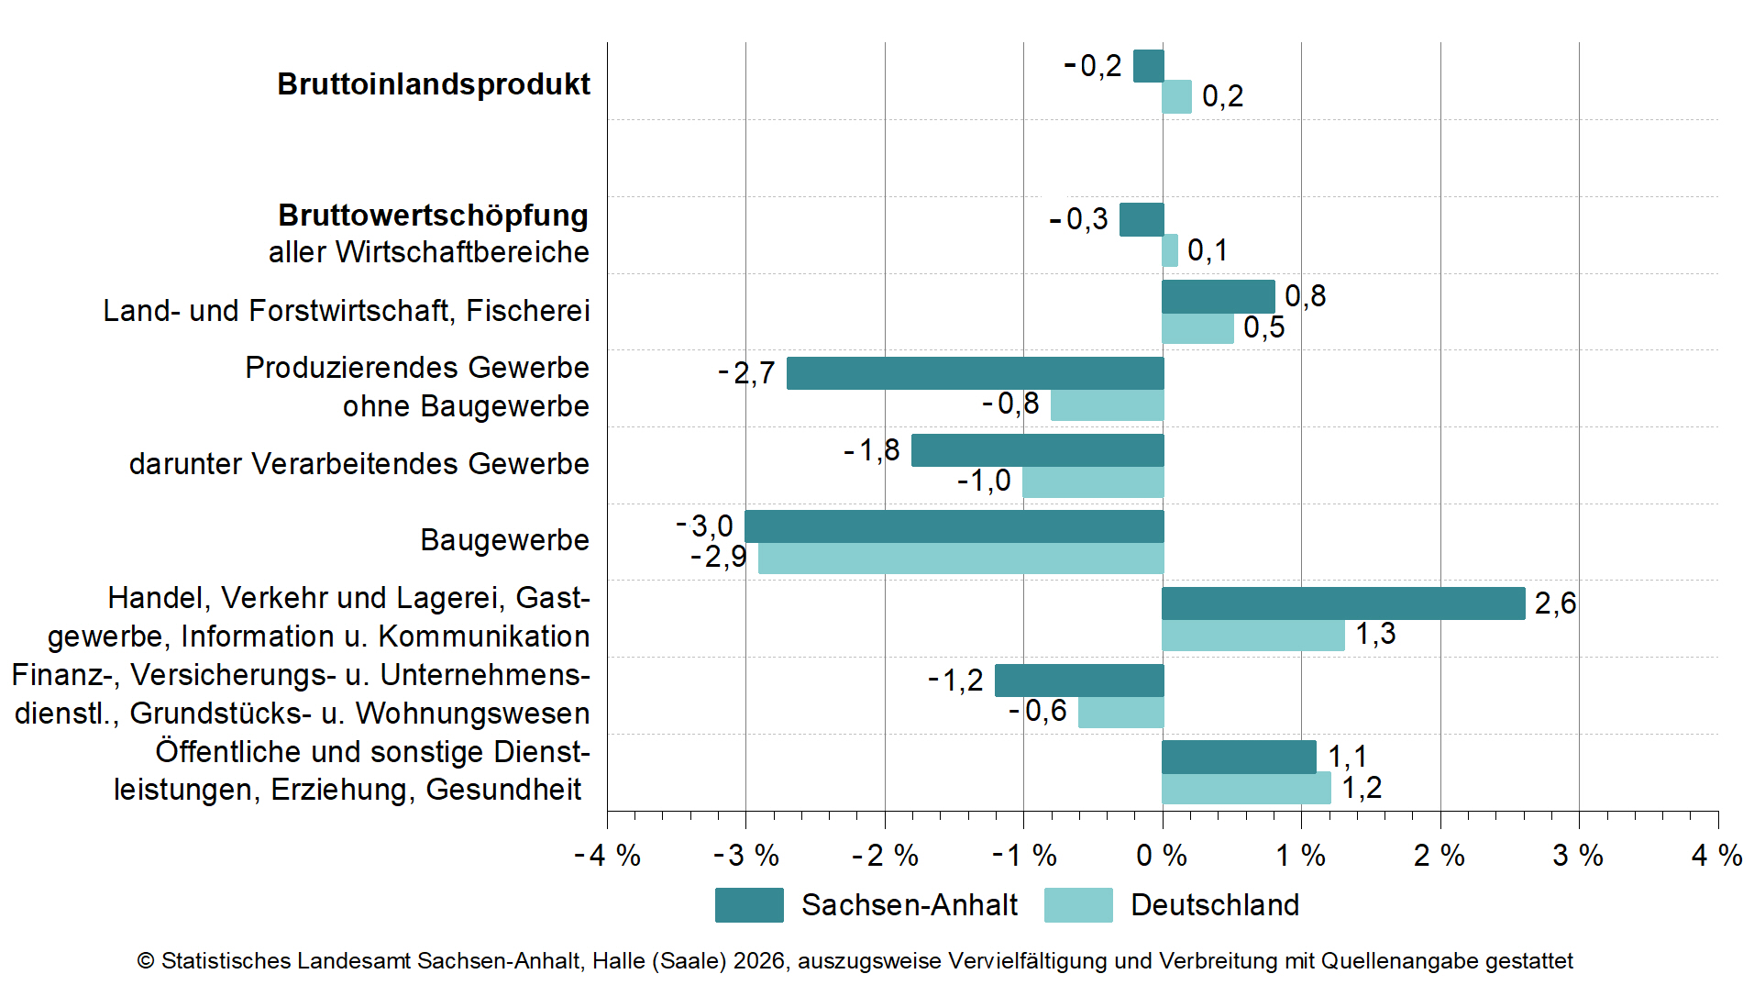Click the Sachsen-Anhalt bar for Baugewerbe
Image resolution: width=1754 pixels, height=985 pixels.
tap(954, 526)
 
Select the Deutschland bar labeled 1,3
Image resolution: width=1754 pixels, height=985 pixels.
tap(1252, 636)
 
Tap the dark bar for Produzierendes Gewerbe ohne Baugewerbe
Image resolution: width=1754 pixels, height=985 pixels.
tap(975, 373)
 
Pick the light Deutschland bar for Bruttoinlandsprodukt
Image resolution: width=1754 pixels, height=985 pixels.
tap(1176, 97)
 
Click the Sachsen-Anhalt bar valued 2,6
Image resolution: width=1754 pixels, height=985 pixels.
tap(1343, 603)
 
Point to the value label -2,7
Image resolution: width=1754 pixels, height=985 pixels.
tap(746, 373)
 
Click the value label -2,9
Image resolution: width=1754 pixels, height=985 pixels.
tap(719, 557)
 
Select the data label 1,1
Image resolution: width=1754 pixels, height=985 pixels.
tap(1347, 757)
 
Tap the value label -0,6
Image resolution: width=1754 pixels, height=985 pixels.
tap(1038, 711)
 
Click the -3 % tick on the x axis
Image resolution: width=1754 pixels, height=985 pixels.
tap(746, 856)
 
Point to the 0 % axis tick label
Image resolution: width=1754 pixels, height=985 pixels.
tap(1161, 856)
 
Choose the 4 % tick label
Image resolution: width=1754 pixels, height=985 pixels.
tap(1716, 856)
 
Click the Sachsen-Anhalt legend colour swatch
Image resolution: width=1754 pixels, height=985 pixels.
tap(749, 904)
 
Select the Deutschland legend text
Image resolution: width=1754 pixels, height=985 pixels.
tap(1214, 905)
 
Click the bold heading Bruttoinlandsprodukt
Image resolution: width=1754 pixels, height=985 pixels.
tap(434, 84)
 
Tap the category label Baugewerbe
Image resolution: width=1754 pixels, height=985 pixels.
tap(504, 540)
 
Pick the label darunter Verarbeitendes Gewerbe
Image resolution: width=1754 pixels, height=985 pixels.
tap(359, 464)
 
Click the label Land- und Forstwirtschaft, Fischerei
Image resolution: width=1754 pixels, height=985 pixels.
tap(346, 311)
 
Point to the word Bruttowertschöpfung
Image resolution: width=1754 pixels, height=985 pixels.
tap(433, 216)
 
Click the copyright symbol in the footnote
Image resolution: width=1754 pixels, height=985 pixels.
tap(145, 961)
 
